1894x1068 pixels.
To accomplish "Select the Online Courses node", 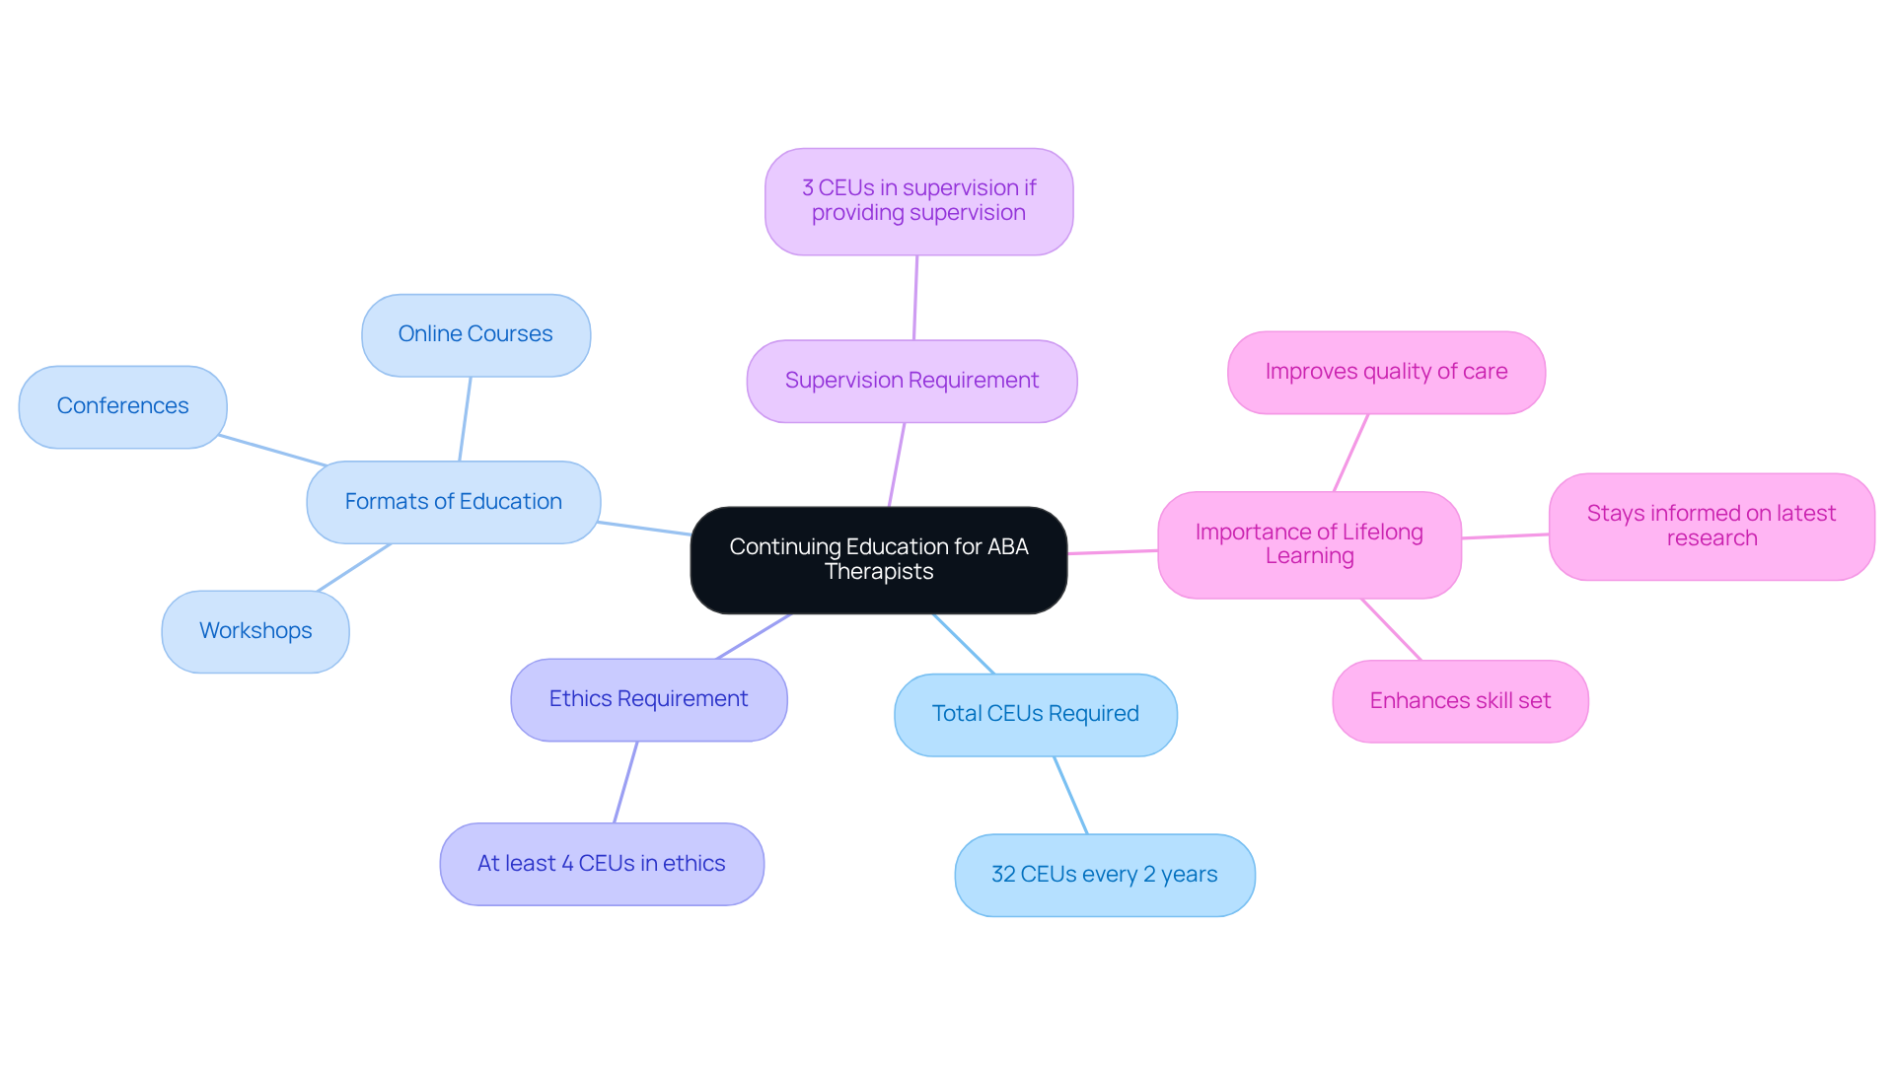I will point(475,334).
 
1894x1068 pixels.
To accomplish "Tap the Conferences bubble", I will point(122,406).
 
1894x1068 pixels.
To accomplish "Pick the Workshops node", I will point(255,631).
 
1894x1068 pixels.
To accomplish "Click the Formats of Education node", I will point(453,502).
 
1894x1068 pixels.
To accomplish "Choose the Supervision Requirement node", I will point(911,381).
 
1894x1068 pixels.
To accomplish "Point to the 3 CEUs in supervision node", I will point(918,201).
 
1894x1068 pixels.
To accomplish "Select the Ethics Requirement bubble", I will point(648,699).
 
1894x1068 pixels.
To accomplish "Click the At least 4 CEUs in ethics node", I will point(601,864).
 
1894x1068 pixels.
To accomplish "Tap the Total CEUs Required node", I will point(1035,714).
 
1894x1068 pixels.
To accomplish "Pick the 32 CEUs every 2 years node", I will point(1104,875).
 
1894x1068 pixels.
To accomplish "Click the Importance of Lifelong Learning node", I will point(1309,544).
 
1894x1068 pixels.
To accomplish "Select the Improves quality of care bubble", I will point(1386,372).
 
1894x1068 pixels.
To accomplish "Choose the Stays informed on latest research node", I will point(1711,526).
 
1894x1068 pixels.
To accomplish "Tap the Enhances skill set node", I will point(1460,701).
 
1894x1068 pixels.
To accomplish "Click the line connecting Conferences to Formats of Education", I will point(272,450).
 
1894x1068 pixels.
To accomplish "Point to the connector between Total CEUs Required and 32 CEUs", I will point(1070,795).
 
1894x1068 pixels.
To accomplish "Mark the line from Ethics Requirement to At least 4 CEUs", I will point(625,782).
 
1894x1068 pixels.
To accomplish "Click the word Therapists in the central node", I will point(878,572).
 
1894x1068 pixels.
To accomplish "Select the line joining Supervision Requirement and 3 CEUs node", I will point(915,298).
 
